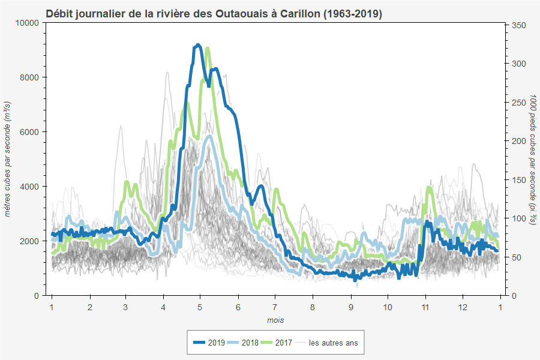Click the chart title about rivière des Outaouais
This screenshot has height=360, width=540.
point(214,13)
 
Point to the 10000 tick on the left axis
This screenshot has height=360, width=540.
point(28,23)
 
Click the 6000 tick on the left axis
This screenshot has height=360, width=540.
point(30,132)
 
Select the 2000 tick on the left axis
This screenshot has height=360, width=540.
point(30,241)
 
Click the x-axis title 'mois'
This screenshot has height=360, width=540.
point(275,320)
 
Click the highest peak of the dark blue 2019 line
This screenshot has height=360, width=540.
point(197,45)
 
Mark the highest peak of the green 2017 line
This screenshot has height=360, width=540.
point(207,48)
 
